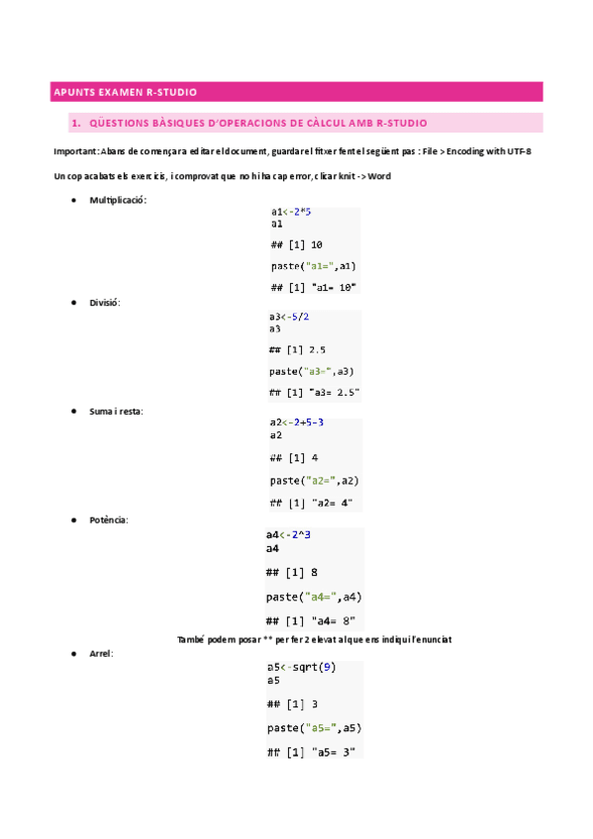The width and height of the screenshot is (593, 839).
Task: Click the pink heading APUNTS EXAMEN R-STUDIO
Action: tap(124, 93)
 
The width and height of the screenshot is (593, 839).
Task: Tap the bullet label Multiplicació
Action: tap(118, 200)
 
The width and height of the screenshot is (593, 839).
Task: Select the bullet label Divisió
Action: tap(104, 303)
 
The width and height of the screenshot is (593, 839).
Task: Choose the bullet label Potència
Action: tap(109, 519)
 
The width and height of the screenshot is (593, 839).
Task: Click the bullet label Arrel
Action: tap(101, 654)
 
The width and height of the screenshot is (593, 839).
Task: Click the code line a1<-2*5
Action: tap(291, 212)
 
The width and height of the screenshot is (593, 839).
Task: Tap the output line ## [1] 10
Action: tap(296, 244)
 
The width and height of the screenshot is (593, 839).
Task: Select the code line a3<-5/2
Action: tap(289, 317)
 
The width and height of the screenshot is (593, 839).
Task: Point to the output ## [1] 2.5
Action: tap(297, 349)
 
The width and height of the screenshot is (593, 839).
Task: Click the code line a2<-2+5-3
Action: tap(296, 423)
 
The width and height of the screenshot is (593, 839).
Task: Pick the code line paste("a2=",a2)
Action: tap(314, 480)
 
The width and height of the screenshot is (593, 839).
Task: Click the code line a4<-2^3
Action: tap(289, 535)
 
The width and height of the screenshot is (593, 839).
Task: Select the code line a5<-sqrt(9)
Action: tap(301, 667)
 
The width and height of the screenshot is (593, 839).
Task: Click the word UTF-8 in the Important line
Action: tap(528, 150)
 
